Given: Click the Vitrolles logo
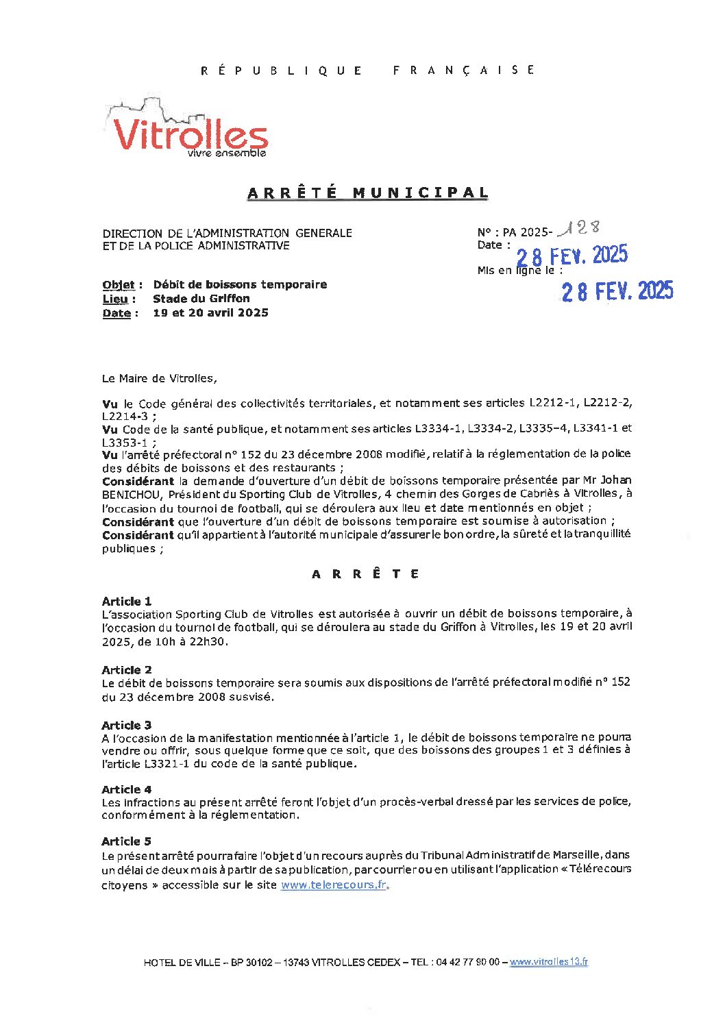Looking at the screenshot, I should [186, 130].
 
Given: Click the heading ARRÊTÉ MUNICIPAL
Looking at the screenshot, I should [368, 193].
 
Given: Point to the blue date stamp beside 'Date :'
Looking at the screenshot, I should [572, 256].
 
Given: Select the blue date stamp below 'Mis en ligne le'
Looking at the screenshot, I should [617, 291].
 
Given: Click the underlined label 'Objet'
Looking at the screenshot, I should [119, 285].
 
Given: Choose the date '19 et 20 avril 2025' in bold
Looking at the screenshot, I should [210, 313].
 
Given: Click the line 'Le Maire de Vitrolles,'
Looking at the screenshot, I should [159, 378].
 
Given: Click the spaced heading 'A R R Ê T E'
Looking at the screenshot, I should [365, 574].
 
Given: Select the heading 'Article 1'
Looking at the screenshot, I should [127, 602].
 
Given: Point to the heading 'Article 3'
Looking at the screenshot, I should [127, 725].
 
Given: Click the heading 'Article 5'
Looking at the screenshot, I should [127, 841].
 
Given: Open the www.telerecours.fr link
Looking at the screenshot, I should [334, 885].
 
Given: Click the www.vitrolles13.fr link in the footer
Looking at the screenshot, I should [548, 962].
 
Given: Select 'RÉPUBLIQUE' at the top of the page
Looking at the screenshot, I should [282, 70].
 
